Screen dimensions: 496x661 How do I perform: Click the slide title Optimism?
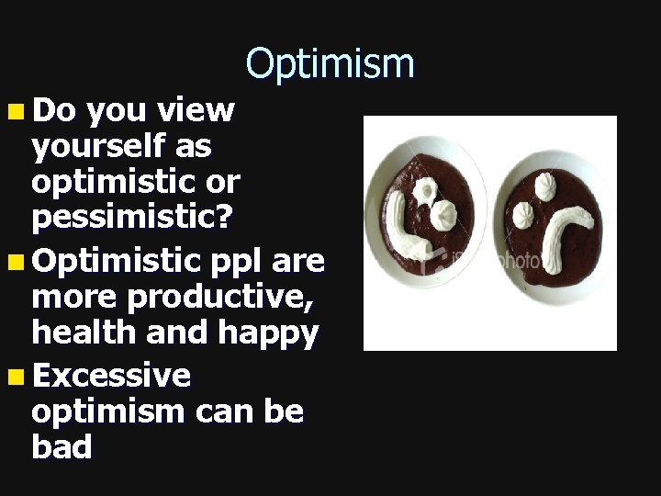330,64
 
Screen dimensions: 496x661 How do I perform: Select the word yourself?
95,146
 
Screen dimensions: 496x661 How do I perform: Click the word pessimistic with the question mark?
132,218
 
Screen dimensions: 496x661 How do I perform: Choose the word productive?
222,298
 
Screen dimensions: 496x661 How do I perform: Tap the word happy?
267,333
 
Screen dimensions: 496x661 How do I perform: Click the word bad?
62,447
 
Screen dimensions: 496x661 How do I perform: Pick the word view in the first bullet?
196,111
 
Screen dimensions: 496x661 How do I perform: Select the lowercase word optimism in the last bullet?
108,412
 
